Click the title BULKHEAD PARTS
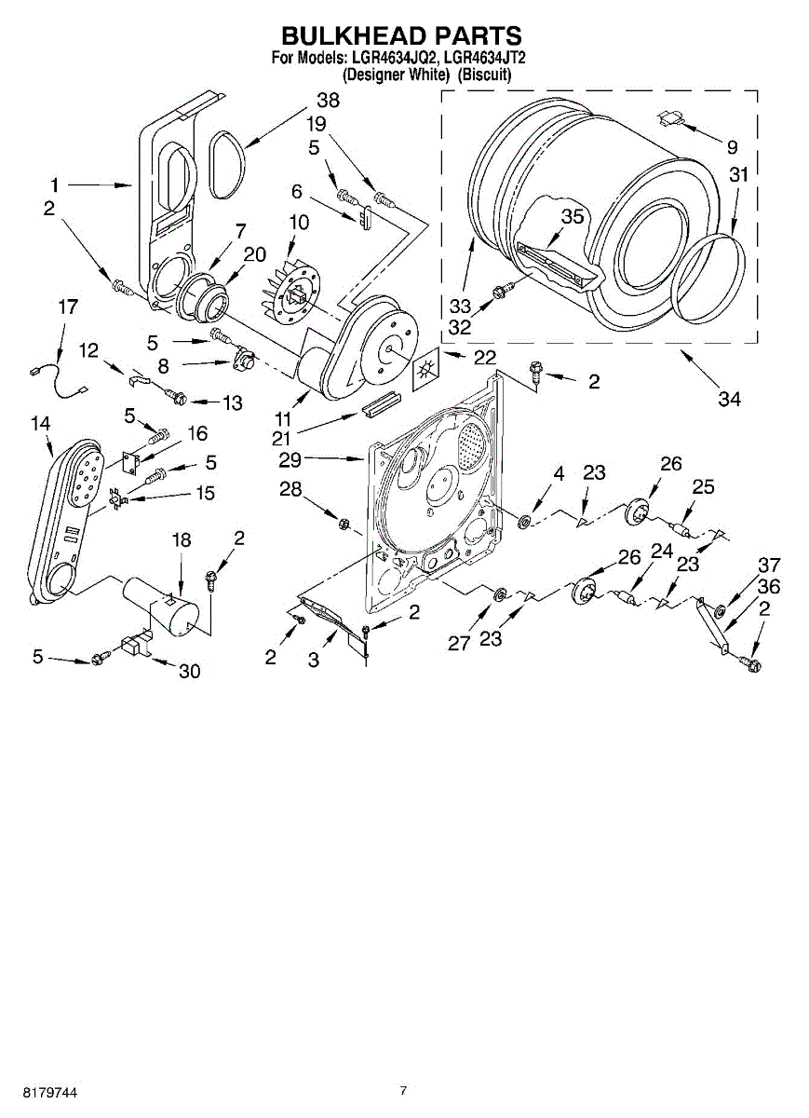coord(401,36)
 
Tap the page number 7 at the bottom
coord(403,1090)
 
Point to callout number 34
coord(730,399)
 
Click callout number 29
coord(290,458)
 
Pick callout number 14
coord(39,424)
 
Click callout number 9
coord(732,146)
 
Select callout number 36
coord(769,587)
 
